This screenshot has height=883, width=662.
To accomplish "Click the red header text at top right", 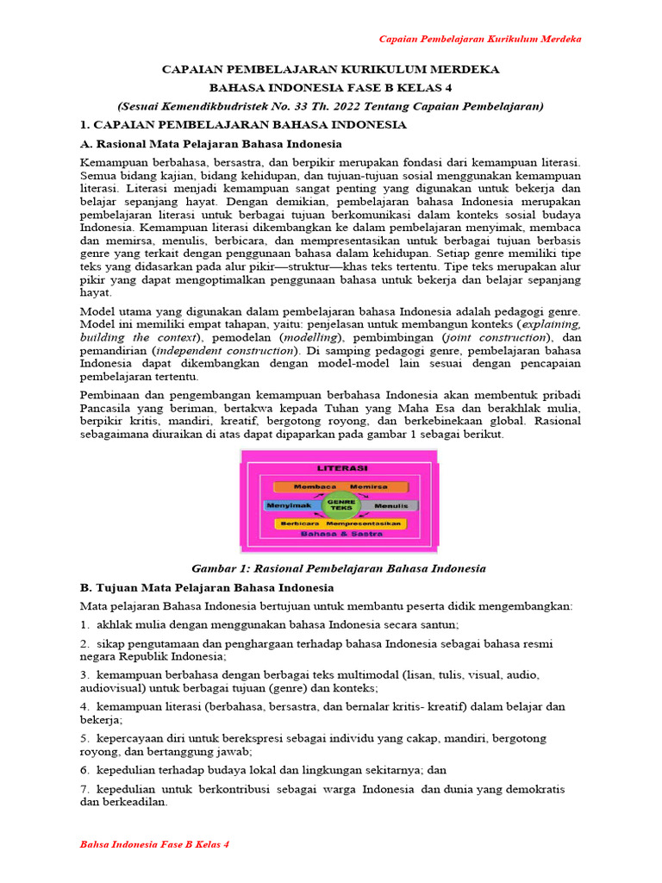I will coord(481,39).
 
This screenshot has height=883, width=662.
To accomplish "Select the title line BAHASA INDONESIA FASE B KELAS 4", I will coord(330,87).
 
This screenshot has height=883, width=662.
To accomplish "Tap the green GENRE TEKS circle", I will coord(339,504).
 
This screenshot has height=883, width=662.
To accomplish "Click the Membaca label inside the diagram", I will coord(313,486).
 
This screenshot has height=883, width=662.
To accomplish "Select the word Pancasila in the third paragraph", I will coord(108,408).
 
